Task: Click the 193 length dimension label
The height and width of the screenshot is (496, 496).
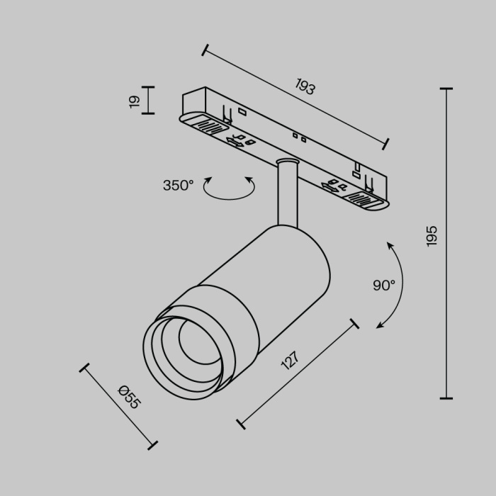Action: [305, 87]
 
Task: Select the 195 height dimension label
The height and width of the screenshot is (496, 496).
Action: [432, 235]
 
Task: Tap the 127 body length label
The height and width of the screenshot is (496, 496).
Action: [289, 361]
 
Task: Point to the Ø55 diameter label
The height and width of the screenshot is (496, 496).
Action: [130, 397]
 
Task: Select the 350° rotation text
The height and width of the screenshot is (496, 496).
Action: [178, 186]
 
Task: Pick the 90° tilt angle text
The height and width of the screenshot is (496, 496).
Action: [384, 286]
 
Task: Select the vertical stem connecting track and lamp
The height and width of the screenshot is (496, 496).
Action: [287, 195]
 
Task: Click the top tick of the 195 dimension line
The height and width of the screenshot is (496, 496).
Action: [446, 89]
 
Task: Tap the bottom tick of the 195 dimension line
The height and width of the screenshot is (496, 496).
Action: [446, 398]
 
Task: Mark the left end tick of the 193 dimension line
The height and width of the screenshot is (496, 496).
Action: [205, 50]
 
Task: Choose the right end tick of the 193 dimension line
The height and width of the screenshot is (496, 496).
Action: [386, 144]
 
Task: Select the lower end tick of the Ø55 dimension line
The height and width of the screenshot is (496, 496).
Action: [152, 445]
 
